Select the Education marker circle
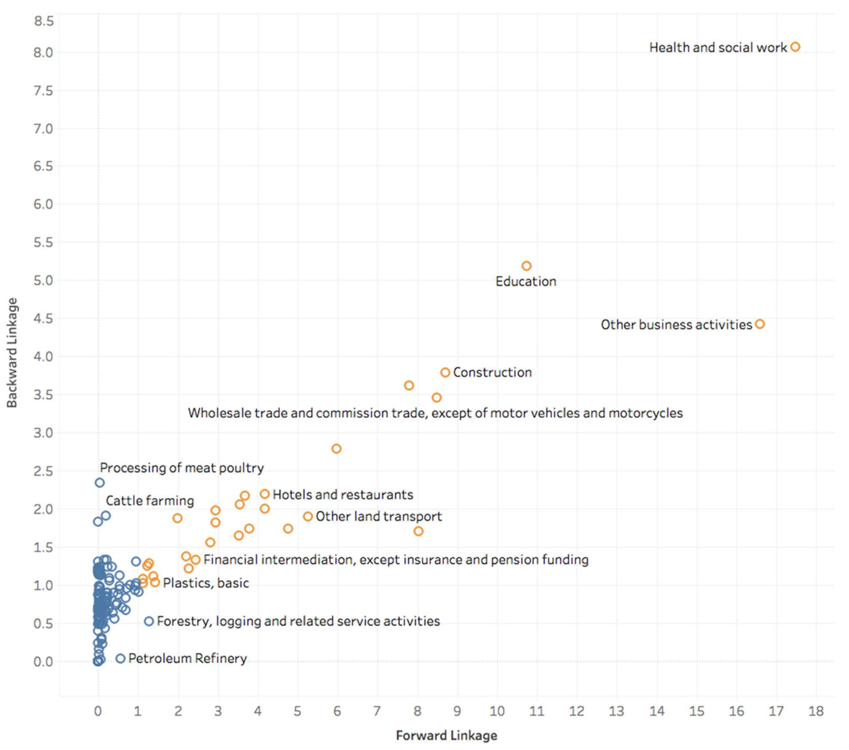526,266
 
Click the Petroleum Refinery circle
121,658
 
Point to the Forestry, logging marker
149,621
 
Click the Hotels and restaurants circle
265,494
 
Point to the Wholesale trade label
435,413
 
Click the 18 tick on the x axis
816,711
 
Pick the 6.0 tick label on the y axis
44,204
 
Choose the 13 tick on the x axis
616,711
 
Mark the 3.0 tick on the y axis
44,433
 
